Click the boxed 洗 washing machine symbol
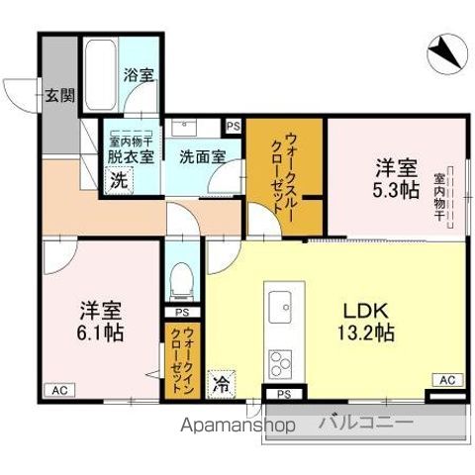(117, 180)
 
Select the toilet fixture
(181, 281)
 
